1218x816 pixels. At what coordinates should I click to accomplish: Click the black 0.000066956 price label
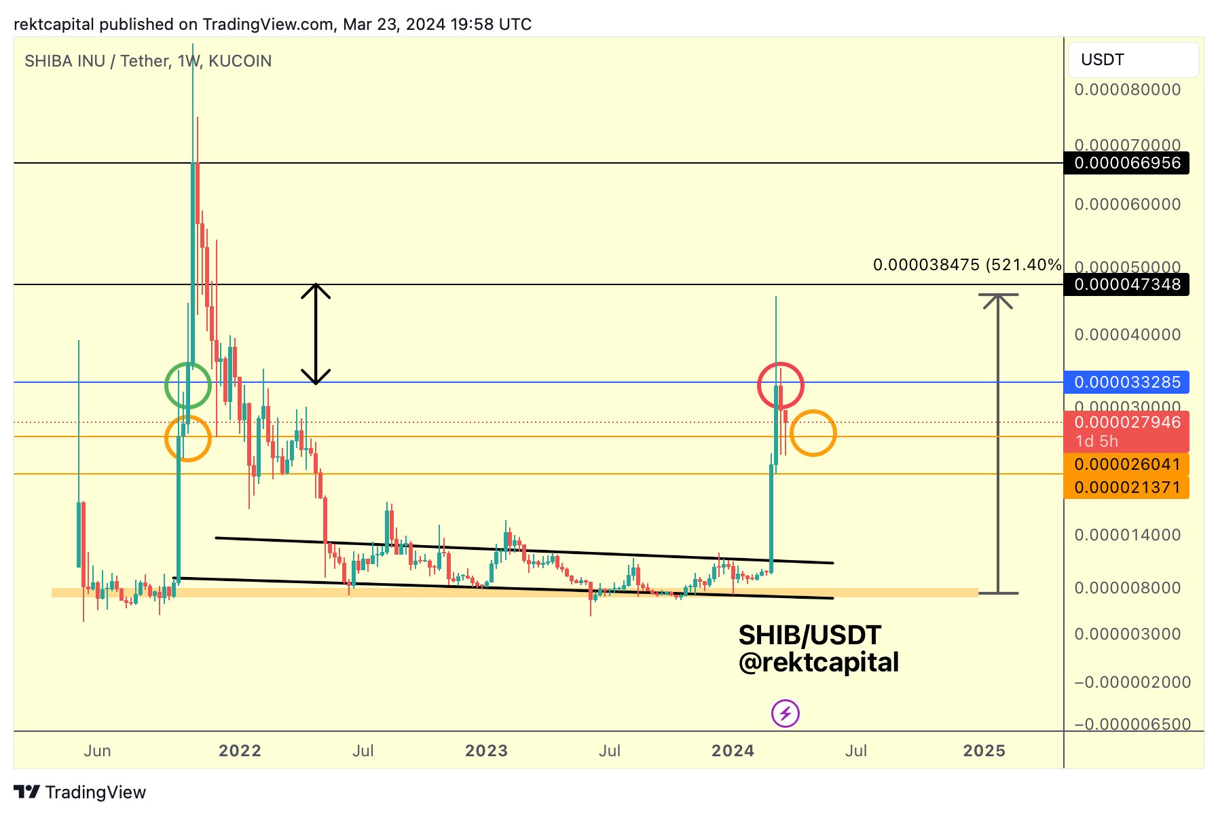pos(1126,163)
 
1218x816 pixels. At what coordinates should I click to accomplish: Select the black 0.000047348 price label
pos(1126,284)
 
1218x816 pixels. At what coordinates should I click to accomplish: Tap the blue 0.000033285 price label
pos(1126,382)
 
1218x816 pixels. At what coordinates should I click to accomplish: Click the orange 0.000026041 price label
pos(1126,464)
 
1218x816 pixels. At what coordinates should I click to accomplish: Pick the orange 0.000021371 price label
pos(1126,487)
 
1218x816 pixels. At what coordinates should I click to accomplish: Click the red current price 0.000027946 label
pos(1126,423)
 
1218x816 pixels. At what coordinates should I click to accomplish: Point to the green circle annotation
pos(188,386)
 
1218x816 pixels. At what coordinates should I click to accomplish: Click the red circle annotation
pos(781,386)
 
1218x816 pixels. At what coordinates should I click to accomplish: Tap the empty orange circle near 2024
pos(813,433)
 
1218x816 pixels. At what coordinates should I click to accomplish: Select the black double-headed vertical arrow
pos(316,334)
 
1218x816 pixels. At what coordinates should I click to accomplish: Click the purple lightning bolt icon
pos(786,713)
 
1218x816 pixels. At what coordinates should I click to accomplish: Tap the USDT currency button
pos(1133,60)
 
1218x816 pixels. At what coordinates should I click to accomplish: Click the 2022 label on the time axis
pos(240,751)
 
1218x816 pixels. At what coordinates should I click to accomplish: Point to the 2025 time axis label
pos(984,751)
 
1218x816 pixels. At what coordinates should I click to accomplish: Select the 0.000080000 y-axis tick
pos(1127,90)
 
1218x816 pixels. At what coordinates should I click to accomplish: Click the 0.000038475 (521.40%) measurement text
pos(967,265)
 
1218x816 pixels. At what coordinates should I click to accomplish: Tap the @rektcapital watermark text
pos(818,663)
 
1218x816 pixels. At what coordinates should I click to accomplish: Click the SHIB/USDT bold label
pos(809,635)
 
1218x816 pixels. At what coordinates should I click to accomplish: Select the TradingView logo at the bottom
pos(80,792)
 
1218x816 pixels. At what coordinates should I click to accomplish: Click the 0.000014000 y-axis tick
pos(1127,535)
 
